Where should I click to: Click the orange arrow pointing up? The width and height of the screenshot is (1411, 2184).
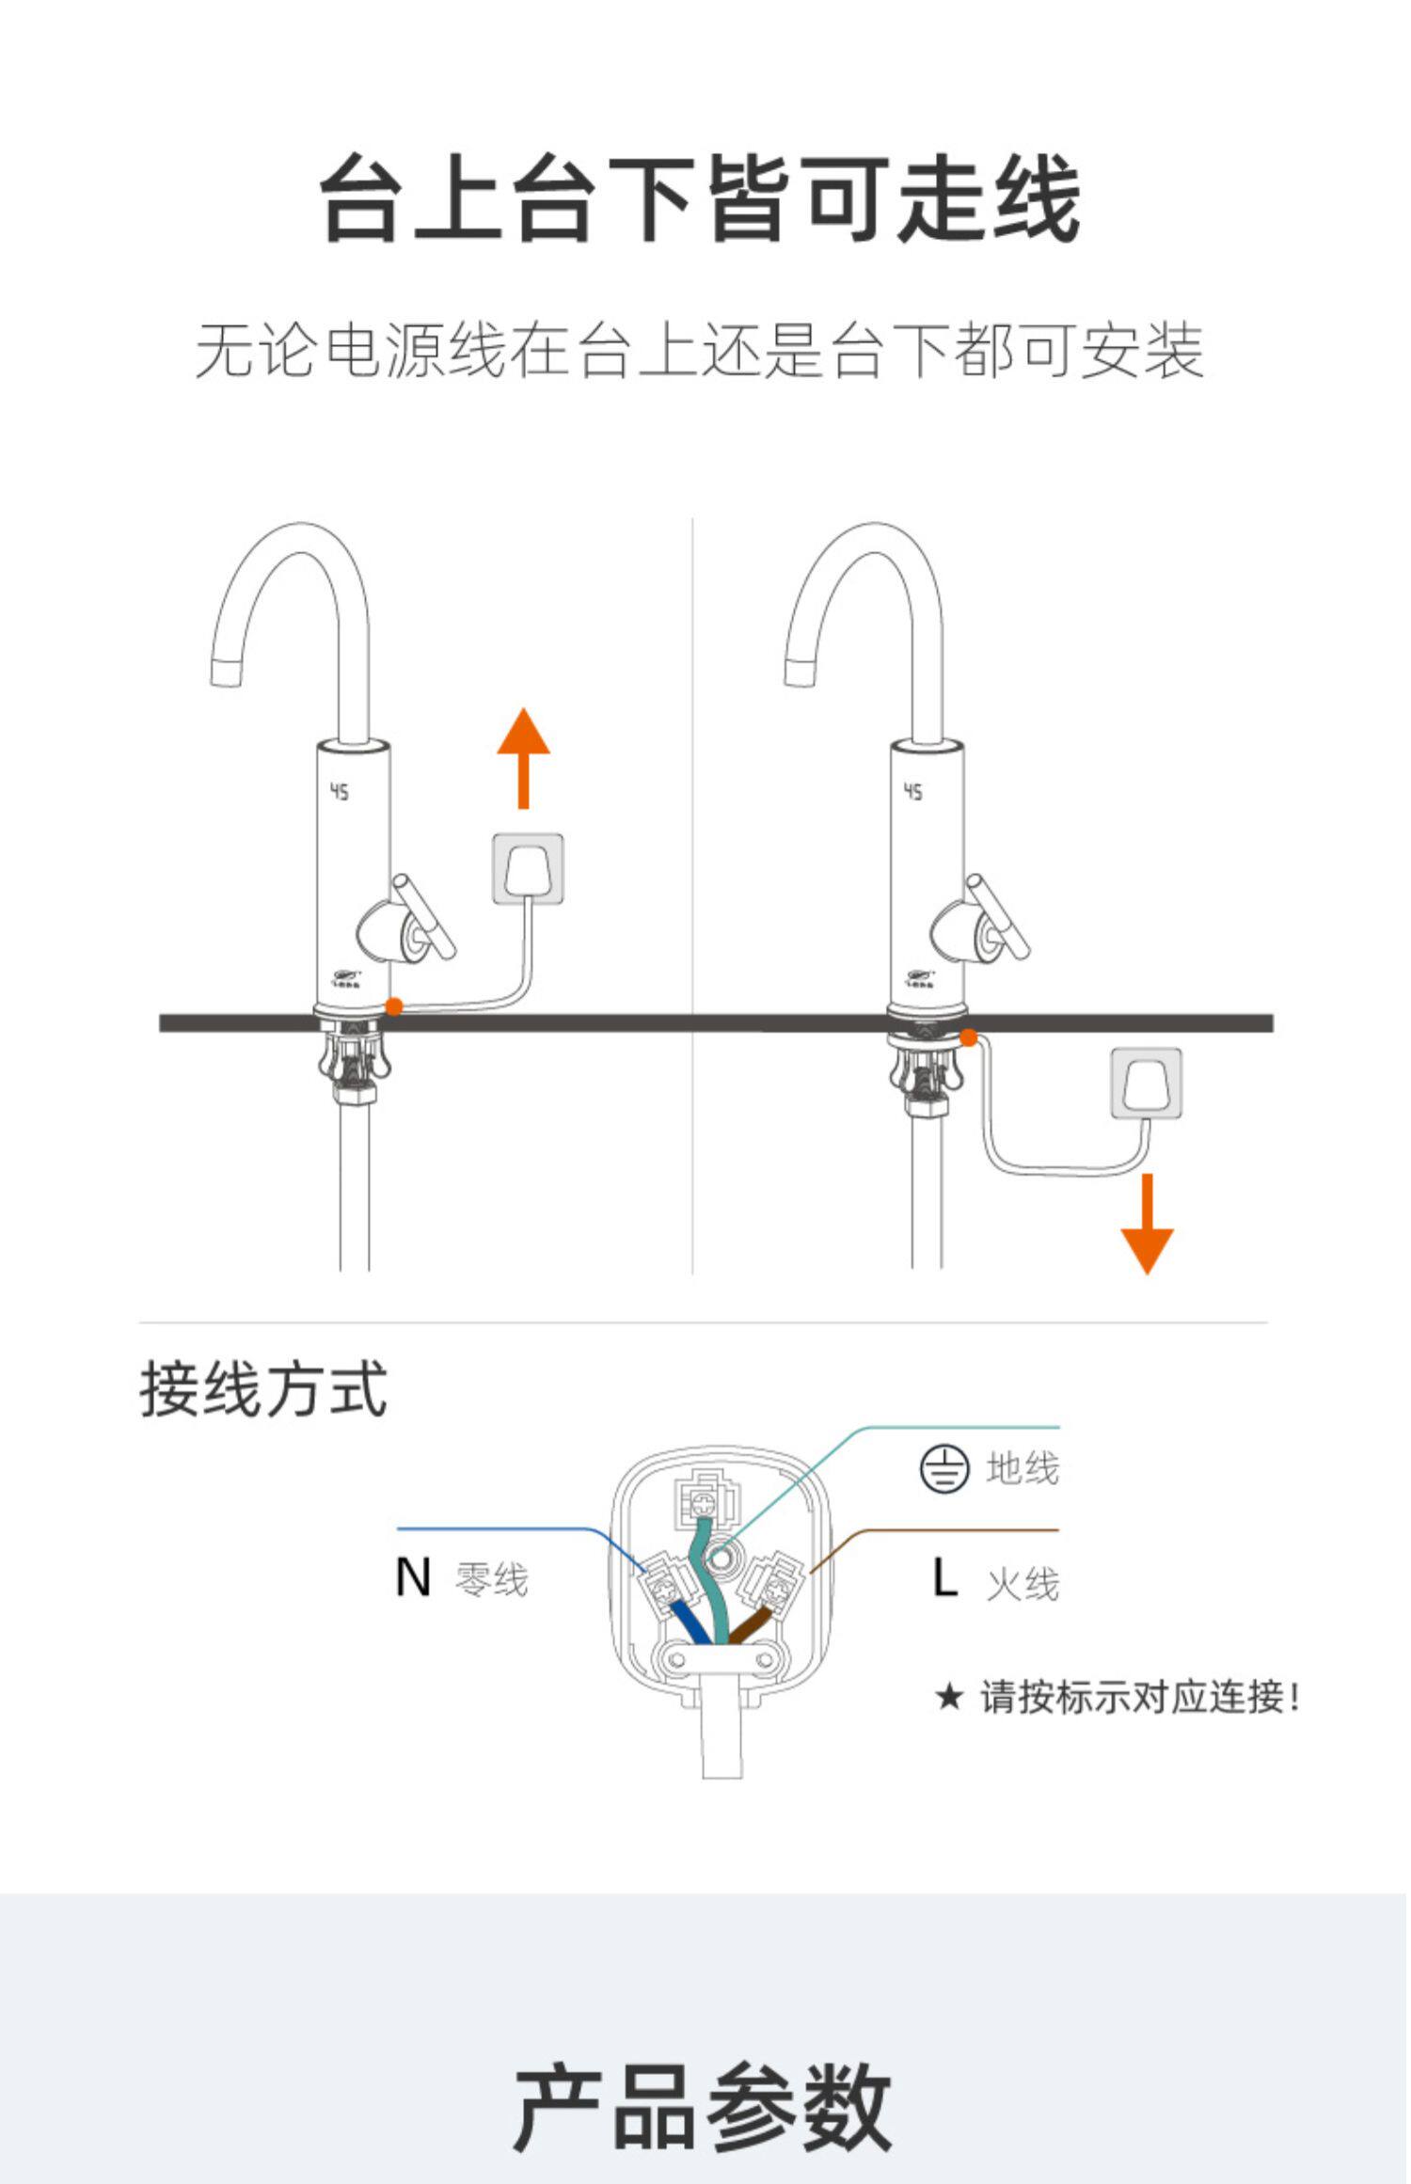click(x=524, y=758)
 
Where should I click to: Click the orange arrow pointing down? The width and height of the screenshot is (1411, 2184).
click(x=1148, y=1224)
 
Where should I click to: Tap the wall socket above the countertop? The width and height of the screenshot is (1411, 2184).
click(x=529, y=869)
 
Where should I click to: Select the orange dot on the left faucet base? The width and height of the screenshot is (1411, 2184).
click(x=394, y=1006)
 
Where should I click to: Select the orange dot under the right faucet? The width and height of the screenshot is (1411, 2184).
click(x=968, y=1037)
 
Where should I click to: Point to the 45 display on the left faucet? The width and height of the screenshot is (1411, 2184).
click(x=339, y=792)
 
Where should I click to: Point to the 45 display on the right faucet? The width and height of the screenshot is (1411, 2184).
click(x=913, y=792)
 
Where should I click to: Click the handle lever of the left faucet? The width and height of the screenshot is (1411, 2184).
click(x=424, y=916)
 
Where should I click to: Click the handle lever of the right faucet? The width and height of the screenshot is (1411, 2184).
click(x=999, y=916)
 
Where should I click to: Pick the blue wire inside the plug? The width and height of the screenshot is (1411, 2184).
click(x=690, y=1621)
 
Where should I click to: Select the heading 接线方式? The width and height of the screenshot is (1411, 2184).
click(x=263, y=1389)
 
